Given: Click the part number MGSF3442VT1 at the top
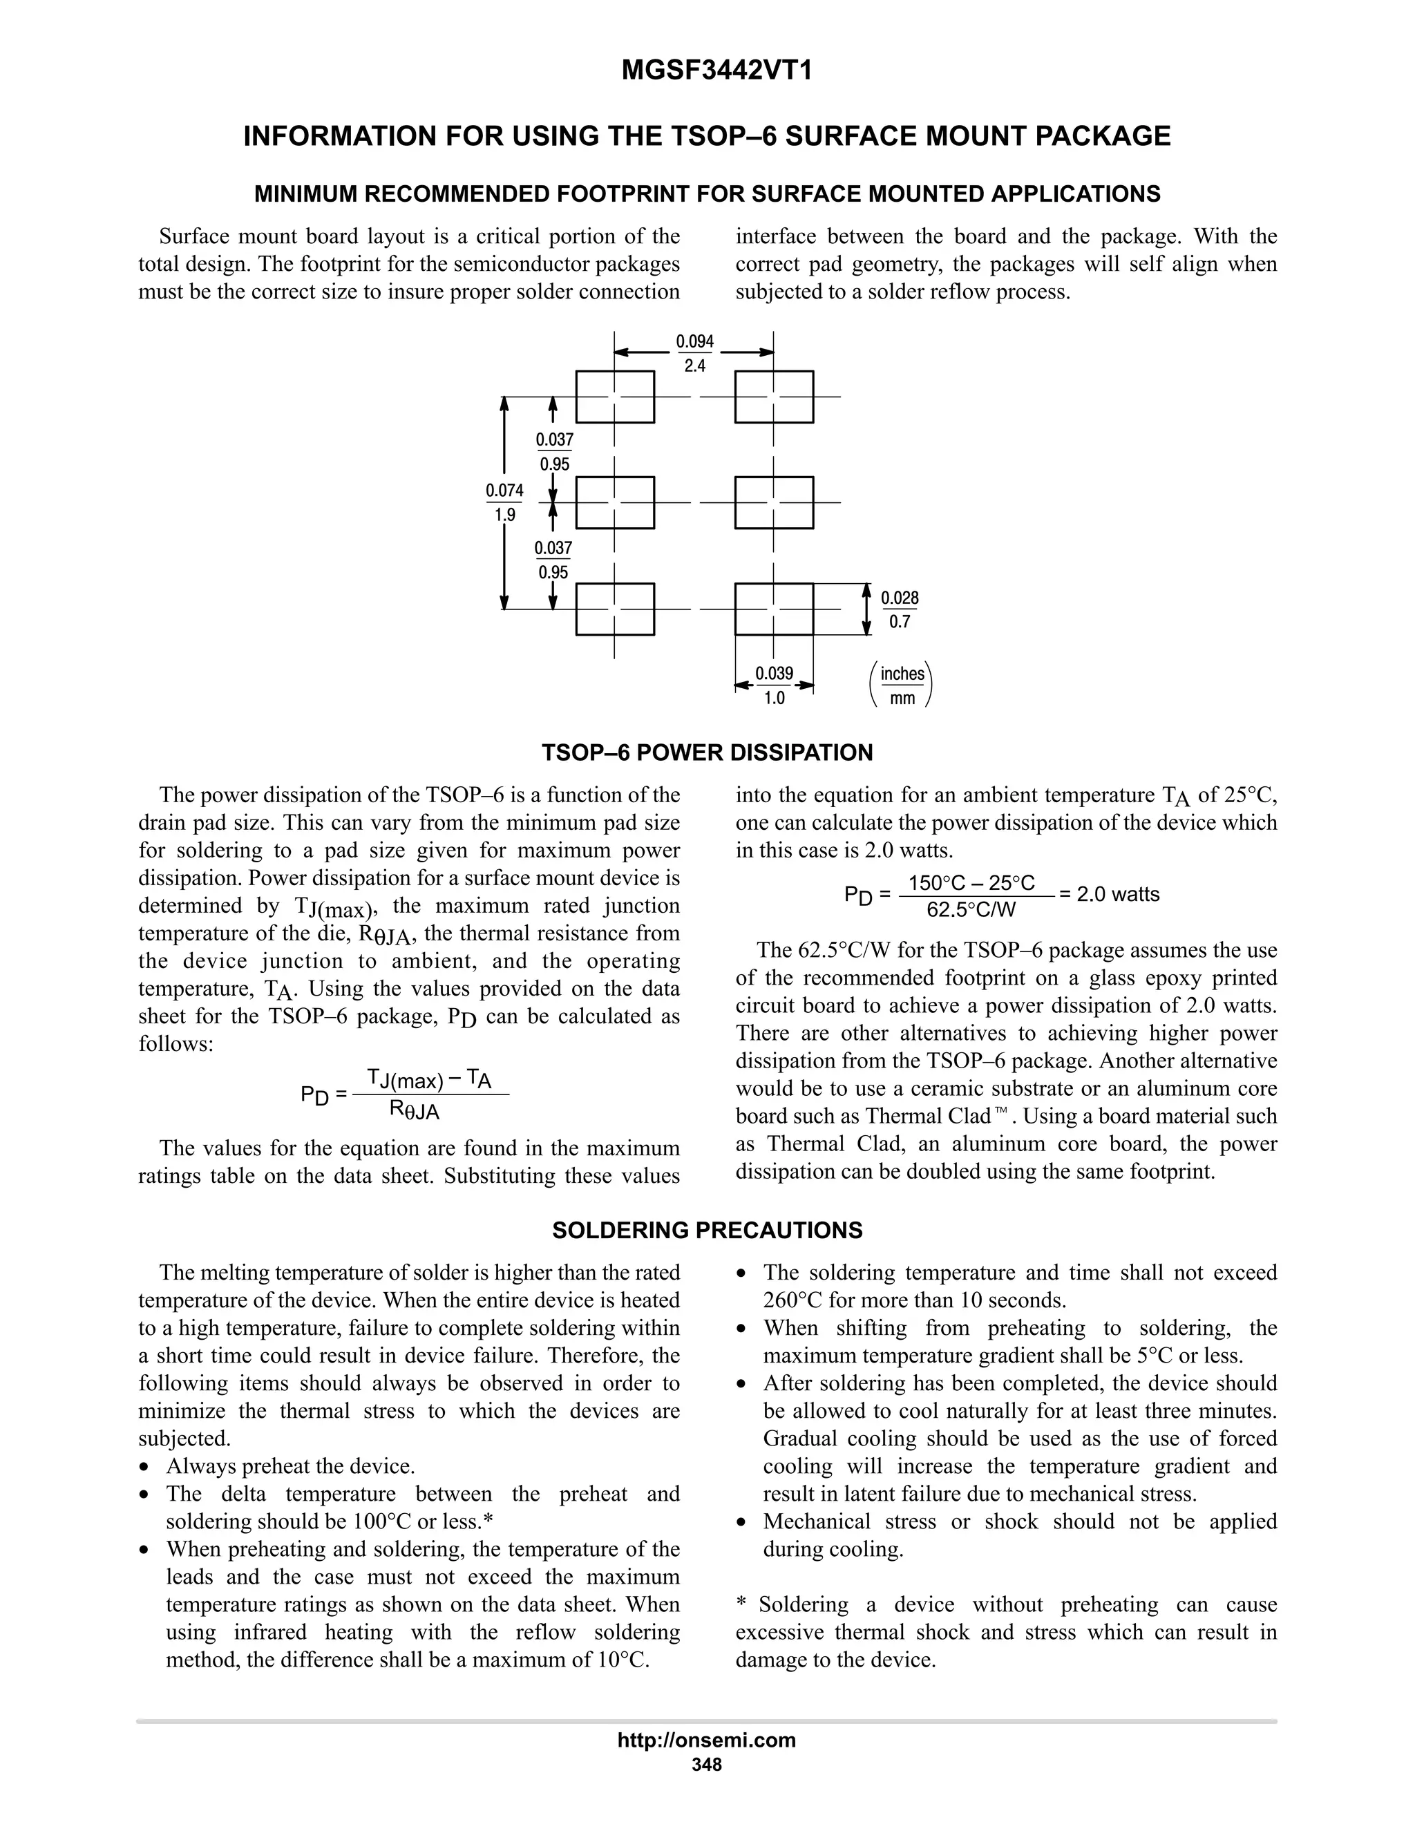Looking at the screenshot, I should tap(716, 71).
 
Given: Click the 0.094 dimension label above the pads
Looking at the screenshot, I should tap(694, 341).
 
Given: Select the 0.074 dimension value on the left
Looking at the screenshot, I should tap(504, 491).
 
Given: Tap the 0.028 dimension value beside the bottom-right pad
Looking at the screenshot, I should tap(900, 598).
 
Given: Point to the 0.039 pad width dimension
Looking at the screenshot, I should tap(774, 673).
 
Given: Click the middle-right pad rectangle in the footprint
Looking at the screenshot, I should tap(774, 502).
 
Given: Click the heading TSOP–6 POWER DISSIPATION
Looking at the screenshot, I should tap(707, 753).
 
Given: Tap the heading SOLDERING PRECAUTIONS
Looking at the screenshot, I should tap(707, 1231).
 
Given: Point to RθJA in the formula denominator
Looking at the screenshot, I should tap(414, 1111).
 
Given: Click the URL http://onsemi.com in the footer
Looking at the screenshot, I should tap(707, 1740).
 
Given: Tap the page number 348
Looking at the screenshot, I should tap(707, 1765).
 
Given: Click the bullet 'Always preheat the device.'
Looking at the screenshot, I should tap(290, 1466).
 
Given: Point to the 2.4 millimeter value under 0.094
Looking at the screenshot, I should tap(694, 366).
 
